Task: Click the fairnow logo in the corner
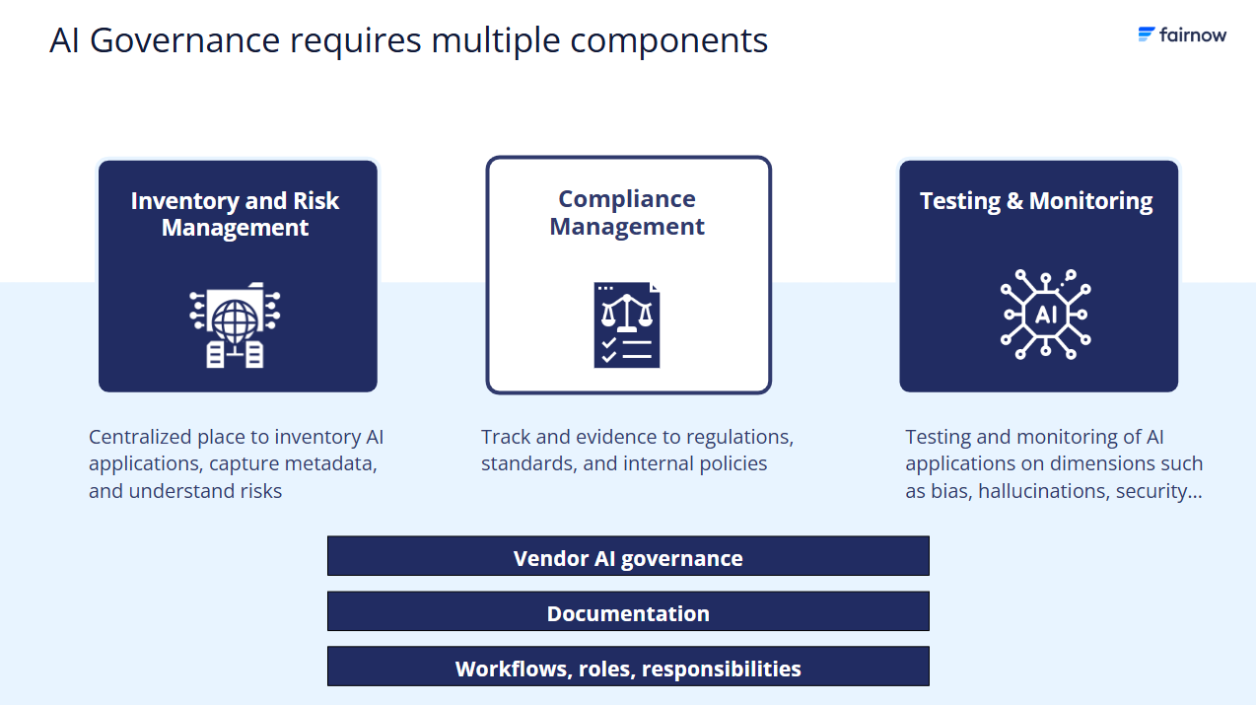[1182, 35]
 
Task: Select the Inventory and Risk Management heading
[235, 214]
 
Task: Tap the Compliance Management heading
[627, 212]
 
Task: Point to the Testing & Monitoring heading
[1036, 201]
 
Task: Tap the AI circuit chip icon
[1044, 315]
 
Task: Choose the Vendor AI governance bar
[628, 557]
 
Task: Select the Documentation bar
[628, 612]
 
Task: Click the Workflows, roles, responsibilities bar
[628, 668]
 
